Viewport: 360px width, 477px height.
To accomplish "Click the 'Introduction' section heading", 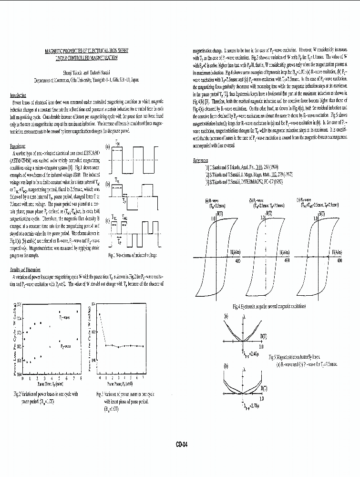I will pos(18,95).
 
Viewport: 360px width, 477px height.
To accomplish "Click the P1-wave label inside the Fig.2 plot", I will pos(64,316).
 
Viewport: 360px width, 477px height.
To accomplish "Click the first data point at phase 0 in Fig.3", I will pos(100,314).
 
